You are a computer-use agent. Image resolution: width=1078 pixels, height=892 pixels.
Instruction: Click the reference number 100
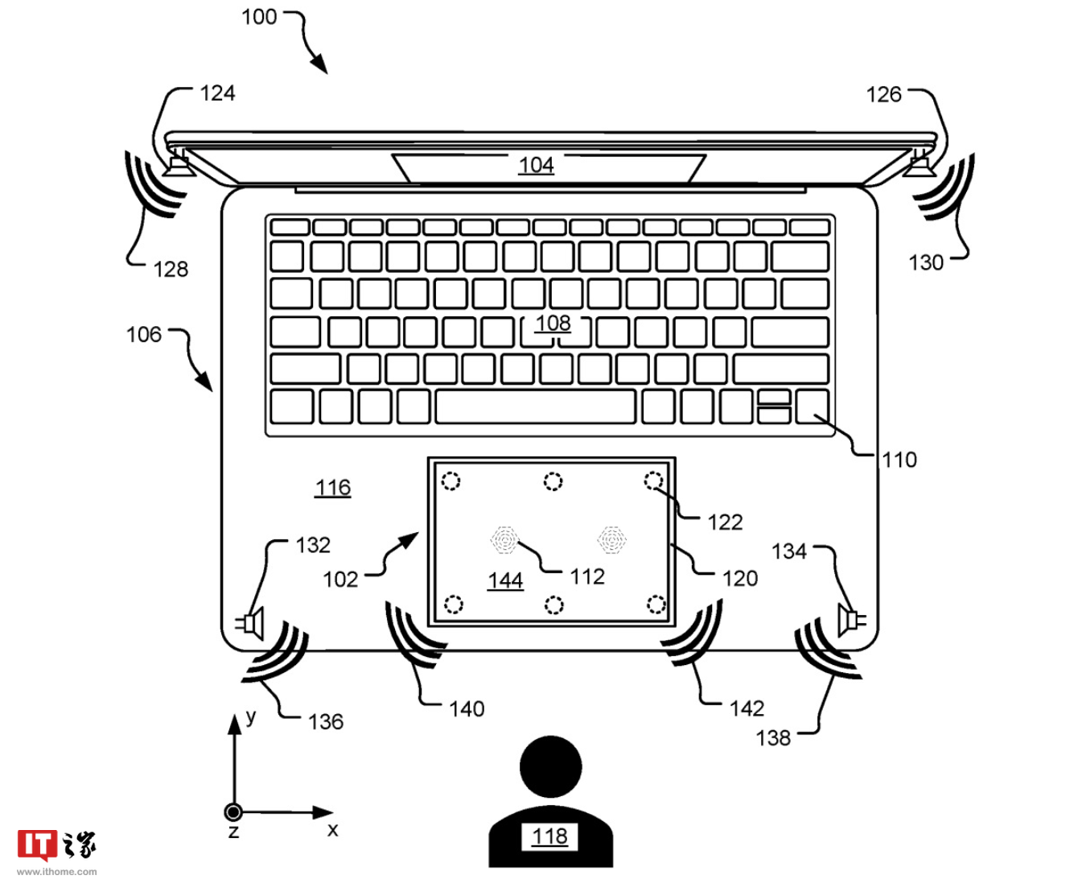(x=259, y=17)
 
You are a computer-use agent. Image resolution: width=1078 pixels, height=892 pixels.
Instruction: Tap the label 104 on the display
(x=536, y=165)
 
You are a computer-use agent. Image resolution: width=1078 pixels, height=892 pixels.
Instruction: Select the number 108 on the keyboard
(x=553, y=324)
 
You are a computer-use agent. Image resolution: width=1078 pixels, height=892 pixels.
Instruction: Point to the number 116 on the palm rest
(x=333, y=487)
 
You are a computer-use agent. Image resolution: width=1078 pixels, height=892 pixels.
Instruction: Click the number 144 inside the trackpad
(x=505, y=580)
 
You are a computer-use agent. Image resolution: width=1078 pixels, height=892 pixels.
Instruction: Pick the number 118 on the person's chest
(x=549, y=836)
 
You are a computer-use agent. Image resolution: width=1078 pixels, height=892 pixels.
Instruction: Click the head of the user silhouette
(x=550, y=767)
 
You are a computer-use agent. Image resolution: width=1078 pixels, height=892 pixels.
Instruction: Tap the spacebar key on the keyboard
(x=536, y=407)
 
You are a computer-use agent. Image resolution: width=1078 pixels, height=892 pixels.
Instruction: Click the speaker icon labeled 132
(x=250, y=623)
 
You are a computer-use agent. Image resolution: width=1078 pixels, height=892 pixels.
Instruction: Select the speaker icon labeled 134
(x=851, y=619)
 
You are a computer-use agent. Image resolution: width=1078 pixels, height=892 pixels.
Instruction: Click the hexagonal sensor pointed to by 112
(x=504, y=540)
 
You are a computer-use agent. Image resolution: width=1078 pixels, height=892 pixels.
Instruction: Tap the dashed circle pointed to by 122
(x=653, y=481)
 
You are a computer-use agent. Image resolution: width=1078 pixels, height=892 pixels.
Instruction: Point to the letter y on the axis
(x=251, y=716)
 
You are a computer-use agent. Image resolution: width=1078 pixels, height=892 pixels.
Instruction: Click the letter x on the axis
(x=332, y=829)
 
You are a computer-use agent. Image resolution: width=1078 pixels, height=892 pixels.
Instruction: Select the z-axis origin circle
(x=233, y=812)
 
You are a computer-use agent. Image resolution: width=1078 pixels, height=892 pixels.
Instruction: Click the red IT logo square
(x=37, y=845)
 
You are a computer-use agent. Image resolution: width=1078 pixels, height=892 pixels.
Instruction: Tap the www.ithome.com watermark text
(x=57, y=872)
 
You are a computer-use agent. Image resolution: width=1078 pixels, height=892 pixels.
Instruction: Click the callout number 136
(x=326, y=722)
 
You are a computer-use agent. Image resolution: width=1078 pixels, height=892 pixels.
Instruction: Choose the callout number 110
(x=899, y=460)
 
